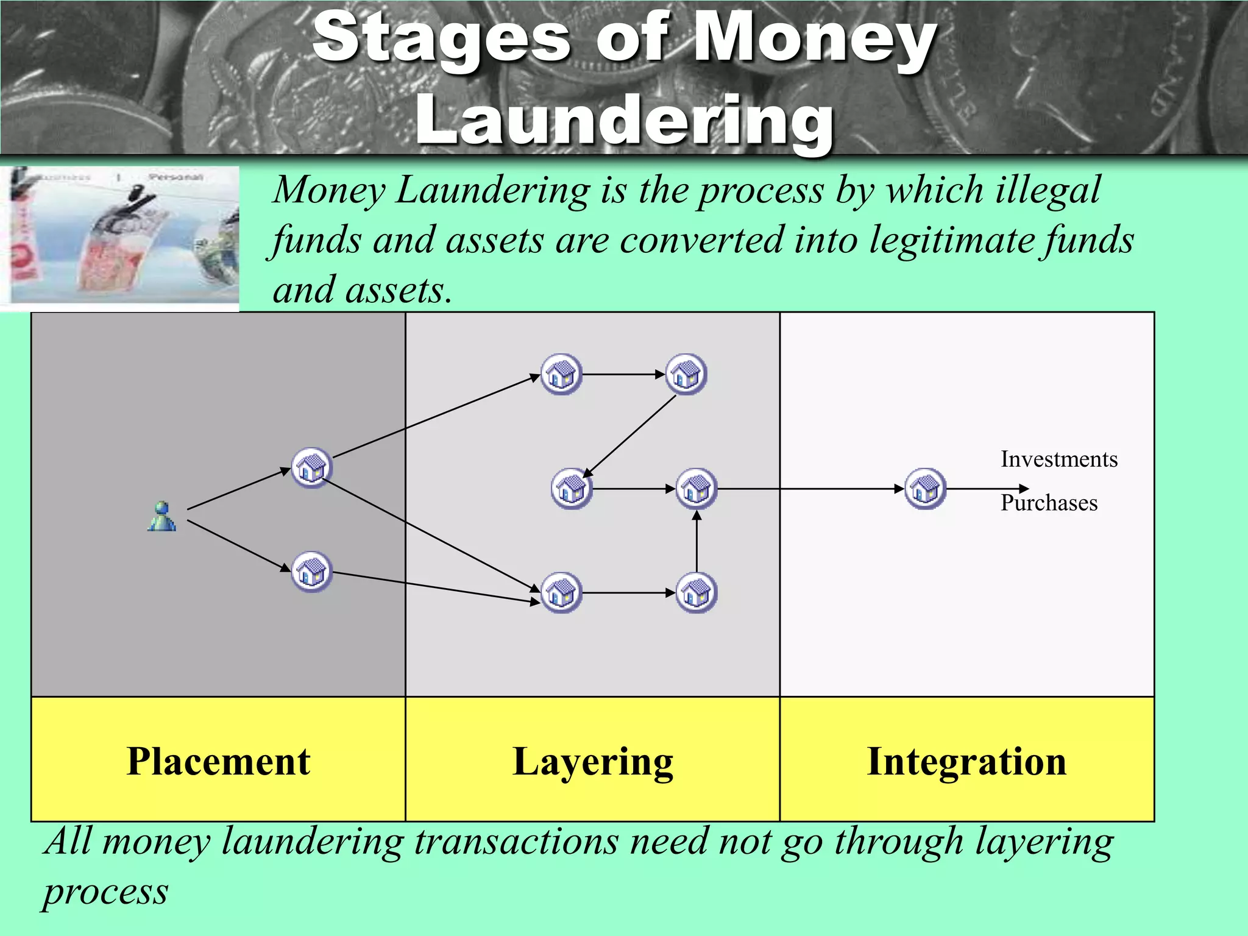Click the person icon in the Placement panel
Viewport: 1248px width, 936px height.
162,517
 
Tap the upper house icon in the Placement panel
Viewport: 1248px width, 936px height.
311,468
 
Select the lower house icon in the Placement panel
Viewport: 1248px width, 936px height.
311,572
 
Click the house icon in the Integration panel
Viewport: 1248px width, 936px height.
925,489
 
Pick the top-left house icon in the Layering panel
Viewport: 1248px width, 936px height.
561,374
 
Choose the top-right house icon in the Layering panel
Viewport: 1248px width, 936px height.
686,374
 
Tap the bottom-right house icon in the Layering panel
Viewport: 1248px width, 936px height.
697,592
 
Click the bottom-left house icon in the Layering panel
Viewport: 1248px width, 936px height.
561,592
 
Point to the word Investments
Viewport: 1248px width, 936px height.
1058,459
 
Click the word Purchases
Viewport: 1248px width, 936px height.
1049,503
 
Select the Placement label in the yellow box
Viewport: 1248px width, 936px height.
218,762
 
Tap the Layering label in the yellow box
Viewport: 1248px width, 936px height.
592,762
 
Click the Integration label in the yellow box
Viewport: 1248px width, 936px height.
966,762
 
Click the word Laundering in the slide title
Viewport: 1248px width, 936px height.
624,120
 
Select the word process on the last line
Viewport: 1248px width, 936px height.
105,892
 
